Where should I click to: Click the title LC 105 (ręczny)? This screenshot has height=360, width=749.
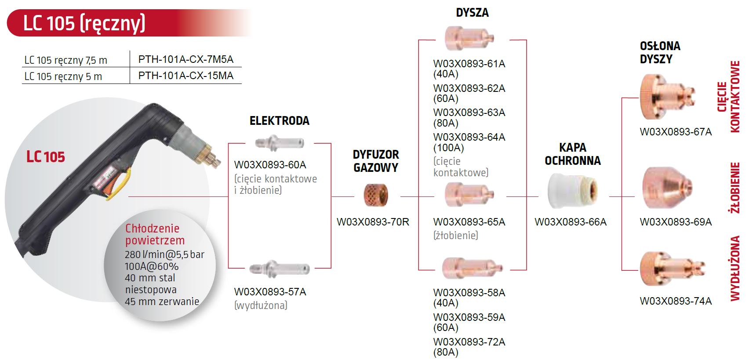84,23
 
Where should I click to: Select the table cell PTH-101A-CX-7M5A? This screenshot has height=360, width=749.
185,59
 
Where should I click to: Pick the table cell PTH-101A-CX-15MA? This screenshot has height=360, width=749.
185,76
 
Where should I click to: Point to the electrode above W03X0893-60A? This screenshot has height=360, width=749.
279,143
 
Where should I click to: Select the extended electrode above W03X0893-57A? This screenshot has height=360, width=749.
279,268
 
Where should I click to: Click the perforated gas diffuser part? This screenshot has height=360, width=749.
376,196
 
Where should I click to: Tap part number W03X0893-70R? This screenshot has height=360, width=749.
373,222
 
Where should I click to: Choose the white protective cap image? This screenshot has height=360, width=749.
572,191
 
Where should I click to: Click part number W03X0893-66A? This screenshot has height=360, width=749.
570,222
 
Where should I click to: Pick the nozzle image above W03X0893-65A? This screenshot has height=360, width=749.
469,194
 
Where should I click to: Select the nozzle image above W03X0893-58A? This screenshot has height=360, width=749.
471,268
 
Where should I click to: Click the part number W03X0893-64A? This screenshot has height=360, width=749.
469,137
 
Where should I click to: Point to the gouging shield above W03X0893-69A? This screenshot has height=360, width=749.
666,188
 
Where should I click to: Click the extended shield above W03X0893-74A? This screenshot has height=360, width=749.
671,269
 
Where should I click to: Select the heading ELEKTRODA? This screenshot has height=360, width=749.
279,121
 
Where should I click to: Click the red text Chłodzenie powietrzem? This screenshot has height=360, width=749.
155,234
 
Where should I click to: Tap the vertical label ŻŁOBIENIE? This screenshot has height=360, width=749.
735,188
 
